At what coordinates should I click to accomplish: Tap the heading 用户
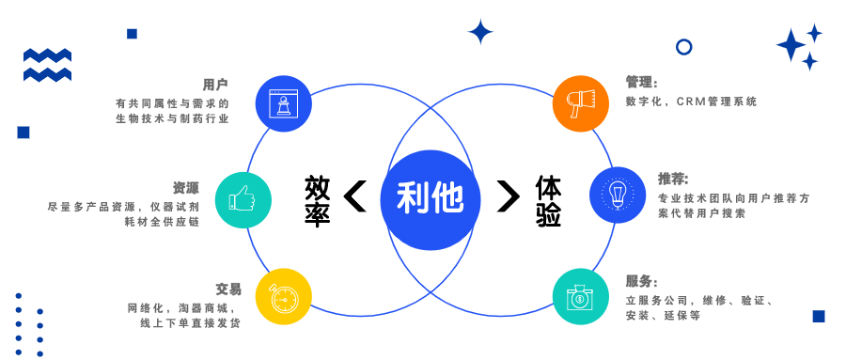point(215,84)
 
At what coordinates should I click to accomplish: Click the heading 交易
point(228,289)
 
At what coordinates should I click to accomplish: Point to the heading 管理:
point(642,83)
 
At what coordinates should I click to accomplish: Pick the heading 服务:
point(642,281)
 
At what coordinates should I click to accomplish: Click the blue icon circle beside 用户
point(283,103)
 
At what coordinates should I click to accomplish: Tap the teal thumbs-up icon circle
point(243,199)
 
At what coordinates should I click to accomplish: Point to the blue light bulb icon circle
point(618,195)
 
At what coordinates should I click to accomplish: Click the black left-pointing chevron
point(355,196)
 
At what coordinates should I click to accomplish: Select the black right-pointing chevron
point(508,196)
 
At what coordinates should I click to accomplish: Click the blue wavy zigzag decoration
point(47,64)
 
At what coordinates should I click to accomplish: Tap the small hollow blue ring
point(684,46)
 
